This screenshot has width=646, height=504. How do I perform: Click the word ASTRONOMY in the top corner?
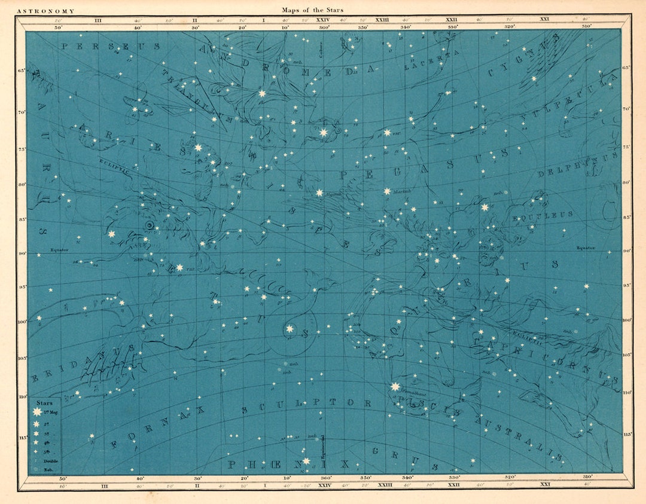(45, 11)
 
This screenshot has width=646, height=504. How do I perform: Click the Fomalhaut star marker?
(395, 387)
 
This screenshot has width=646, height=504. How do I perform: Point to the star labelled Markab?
(387, 191)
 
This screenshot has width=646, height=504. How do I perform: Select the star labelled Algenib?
(319, 193)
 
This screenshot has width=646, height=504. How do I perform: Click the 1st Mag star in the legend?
(37, 412)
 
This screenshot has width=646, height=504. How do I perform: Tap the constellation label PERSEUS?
(110, 46)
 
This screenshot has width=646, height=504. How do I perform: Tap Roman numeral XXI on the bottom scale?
(544, 484)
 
